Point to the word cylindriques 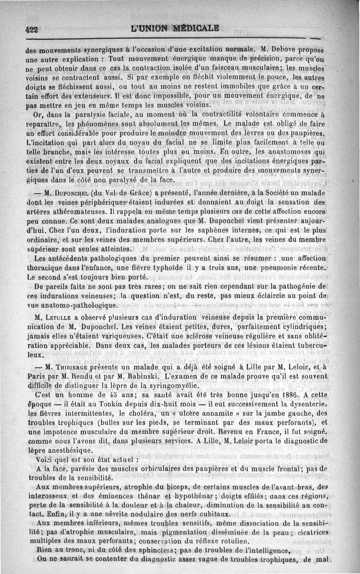[304, 327]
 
